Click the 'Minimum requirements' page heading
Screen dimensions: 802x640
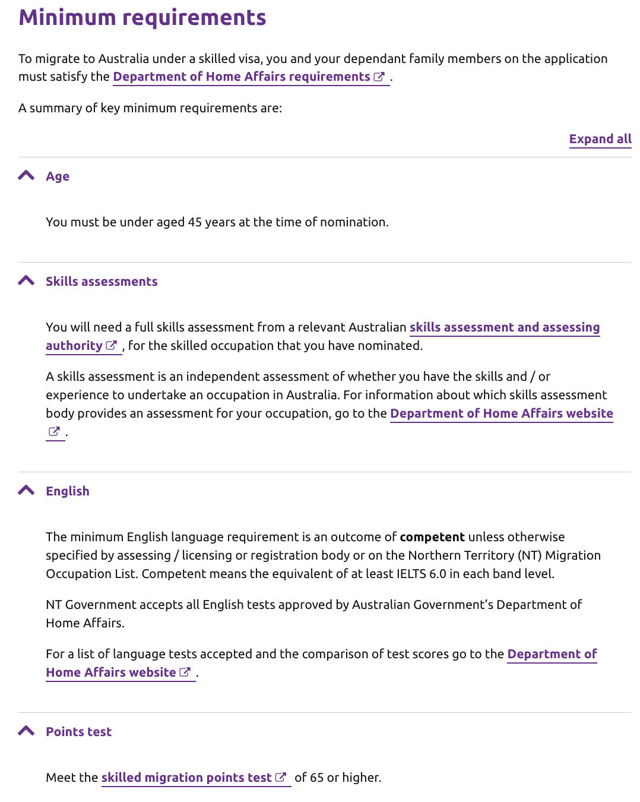click(x=142, y=18)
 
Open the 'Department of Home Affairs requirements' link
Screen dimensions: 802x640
click(x=242, y=77)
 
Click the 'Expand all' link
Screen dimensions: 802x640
click(x=600, y=139)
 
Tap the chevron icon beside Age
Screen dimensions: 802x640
click(x=26, y=176)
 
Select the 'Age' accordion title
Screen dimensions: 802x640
click(x=58, y=176)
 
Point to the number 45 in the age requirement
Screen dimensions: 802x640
click(x=195, y=222)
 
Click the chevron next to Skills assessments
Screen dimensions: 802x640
click(x=26, y=281)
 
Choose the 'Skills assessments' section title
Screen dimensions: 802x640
click(x=102, y=282)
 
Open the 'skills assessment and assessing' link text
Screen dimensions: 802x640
click(x=504, y=327)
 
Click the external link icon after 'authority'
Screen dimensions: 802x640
click(x=111, y=346)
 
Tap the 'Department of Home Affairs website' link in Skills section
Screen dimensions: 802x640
click(x=501, y=413)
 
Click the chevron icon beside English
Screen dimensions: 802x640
click(x=26, y=491)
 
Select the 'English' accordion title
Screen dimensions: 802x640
click(x=68, y=491)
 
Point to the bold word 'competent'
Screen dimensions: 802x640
click(x=432, y=537)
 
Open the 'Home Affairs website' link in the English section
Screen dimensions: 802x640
click(x=111, y=672)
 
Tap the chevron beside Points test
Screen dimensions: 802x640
click(x=26, y=731)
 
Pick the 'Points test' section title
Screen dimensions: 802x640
click(x=79, y=732)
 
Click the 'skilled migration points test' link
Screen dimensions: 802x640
click(x=186, y=778)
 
